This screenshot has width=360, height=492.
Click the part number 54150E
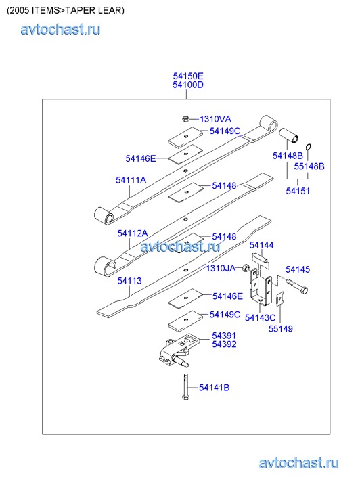coord(188,76)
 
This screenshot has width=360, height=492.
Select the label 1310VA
coord(215,119)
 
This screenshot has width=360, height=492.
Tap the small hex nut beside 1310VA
coord(185,119)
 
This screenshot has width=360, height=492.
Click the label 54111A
coord(131,180)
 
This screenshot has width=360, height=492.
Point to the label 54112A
coord(133,233)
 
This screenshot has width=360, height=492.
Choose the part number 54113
coord(129,281)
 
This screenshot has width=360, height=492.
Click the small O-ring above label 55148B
coord(308,147)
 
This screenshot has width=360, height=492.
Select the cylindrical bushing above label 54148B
coord(289,135)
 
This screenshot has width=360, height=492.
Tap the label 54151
coord(298,191)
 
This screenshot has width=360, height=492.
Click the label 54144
coord(261,245)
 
